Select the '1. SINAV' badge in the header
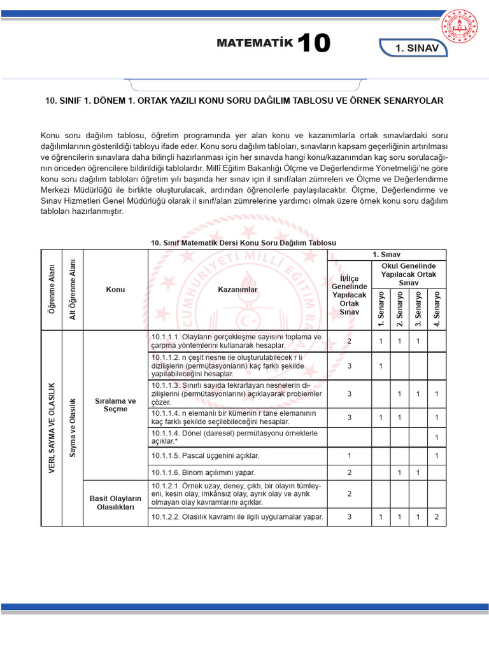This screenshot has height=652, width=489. (418, 48)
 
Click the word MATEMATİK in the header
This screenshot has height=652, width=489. (255, 44)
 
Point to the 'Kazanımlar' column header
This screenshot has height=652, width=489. (237, 290)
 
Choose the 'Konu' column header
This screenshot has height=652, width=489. (116, 290)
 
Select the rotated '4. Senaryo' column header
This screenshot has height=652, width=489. (437, 309)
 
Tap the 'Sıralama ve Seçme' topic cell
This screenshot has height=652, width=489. (116, 405)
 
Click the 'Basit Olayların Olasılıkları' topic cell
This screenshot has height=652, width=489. (116, 502)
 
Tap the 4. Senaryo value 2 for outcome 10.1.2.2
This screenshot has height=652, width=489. (437, 516)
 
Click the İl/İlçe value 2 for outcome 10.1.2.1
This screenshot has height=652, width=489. (350, 493)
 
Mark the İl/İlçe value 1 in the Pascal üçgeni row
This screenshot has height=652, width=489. (350, 456)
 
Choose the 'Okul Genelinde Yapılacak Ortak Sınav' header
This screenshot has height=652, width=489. (409, 273)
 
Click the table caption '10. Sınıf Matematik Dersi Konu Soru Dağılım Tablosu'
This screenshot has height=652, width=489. (243, 243)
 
